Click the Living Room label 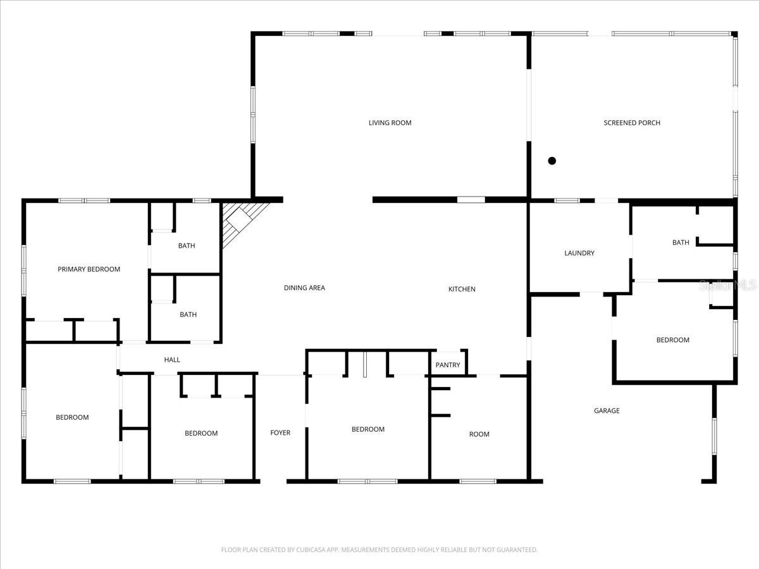pyautogui.click(x=390, y=123)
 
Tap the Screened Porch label pyautogui.click(x=632, y=123)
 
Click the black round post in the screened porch pyautogui.click(x=552, y=161)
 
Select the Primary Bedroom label pyautogui.click(x=89, y=269)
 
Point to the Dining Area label pyautogui.click(x=304, y=288)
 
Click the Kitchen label pyautogui.click(x=462, y=289)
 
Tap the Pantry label pyautogui.click(x=448, y=365)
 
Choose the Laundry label pyautogui.click(x=579, y=253)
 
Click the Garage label pyautogui.click(x=607, y=411)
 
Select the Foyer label pyautogui.click(x=280, y=433)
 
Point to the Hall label pyautogui.click(x=172, y=360)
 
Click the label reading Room pyautogui.click(x=479, y=434)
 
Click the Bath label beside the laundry pyautogui.click(x=681, y=243)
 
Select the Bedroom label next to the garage pyautogui.click(x=672, y=340)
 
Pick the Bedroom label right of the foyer pyautogui.click(x=367, y=429)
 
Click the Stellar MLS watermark pyautogui.click(x=727, y=286)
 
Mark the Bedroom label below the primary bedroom pyautogui.click(x=72, y=417)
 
